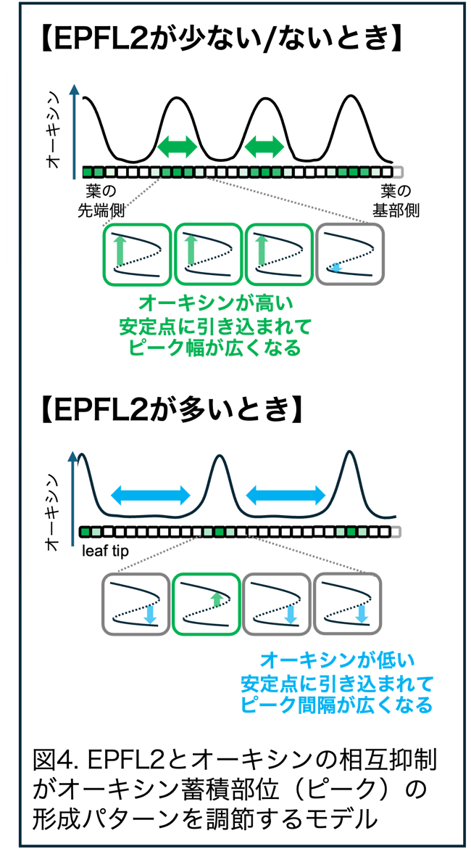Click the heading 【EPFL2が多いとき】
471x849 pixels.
[x=170, y=412]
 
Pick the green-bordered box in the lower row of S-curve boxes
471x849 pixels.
[x=206, y=604]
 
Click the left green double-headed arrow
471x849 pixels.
[x=177, y=146]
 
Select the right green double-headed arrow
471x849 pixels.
[x=264, y=146]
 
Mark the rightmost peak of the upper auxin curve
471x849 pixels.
[x=351, y=96]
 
